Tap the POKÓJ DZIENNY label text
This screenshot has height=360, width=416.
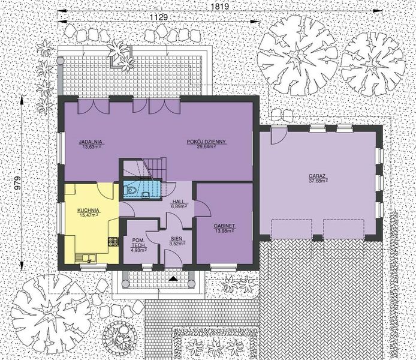[x=206, y=142]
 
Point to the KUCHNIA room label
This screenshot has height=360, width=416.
[x=88, y=210]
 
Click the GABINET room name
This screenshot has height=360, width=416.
[x=224, y=226]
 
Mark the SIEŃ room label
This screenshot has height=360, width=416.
[x=176, y=239]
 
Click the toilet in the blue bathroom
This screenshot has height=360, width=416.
[x=131, y=192]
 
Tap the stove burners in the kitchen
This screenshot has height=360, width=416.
[x=111, y=242]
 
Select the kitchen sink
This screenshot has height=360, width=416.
[x=88, y=259]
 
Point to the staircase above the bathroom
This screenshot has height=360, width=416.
[x=150, y=167]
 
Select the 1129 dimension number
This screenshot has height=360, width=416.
[x=160, y=18]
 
